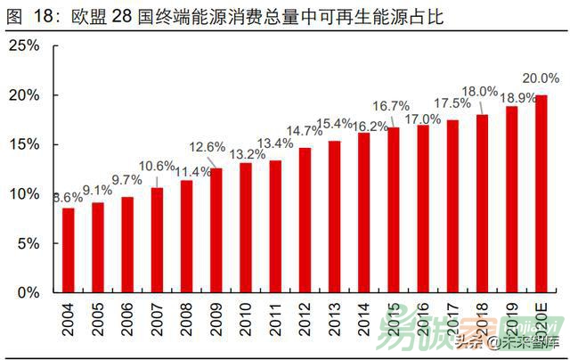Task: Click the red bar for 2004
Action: click(69, 250)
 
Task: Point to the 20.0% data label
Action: click(541, 78)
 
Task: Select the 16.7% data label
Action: click(394, 105)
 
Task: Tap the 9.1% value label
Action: click(98, 189)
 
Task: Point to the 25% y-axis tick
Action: click(25, 45)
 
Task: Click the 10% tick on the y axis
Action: click(25, 193)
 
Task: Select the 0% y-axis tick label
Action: click(30, 292)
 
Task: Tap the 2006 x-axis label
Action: click(128, 319)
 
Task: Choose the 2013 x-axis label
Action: click(335, 319)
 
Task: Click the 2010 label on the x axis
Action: click(246, 319)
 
